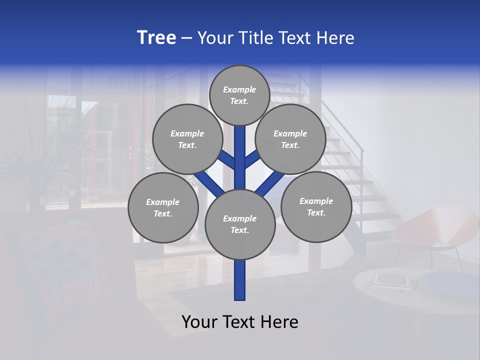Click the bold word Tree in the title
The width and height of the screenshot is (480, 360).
[156, 37]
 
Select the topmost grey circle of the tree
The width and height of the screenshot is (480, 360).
[239, 95]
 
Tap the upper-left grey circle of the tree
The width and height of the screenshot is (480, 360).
[187, 139]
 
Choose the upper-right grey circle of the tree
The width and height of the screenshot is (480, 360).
[290, 139]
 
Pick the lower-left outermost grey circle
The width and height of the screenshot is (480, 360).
[163, 208]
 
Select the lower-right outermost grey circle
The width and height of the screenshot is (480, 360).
[316, 207]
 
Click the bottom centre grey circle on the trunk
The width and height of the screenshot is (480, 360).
[239, 224]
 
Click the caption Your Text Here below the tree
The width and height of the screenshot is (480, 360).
[239, 322]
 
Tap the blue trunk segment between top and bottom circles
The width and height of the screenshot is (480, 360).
[239, 160]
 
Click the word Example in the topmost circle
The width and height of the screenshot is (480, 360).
[239, 90]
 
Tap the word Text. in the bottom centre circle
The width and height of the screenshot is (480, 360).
[239, 230]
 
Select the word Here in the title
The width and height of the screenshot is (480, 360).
[335, 38]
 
